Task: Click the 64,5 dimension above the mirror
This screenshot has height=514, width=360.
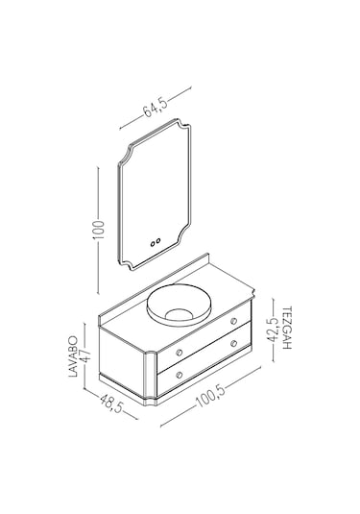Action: click(156, 108)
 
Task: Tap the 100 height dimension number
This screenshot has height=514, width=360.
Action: click(99, 231)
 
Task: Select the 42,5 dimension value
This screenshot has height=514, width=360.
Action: click(274, 330)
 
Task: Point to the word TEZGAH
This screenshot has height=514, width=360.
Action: click(286, 328)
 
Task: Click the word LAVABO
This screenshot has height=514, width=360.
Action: click(74, 356)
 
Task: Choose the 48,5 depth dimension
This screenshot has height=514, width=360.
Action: click(111, 404)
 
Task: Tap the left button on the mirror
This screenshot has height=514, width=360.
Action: click(153, 244)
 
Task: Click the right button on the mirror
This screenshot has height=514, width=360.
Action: click(158, 241)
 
